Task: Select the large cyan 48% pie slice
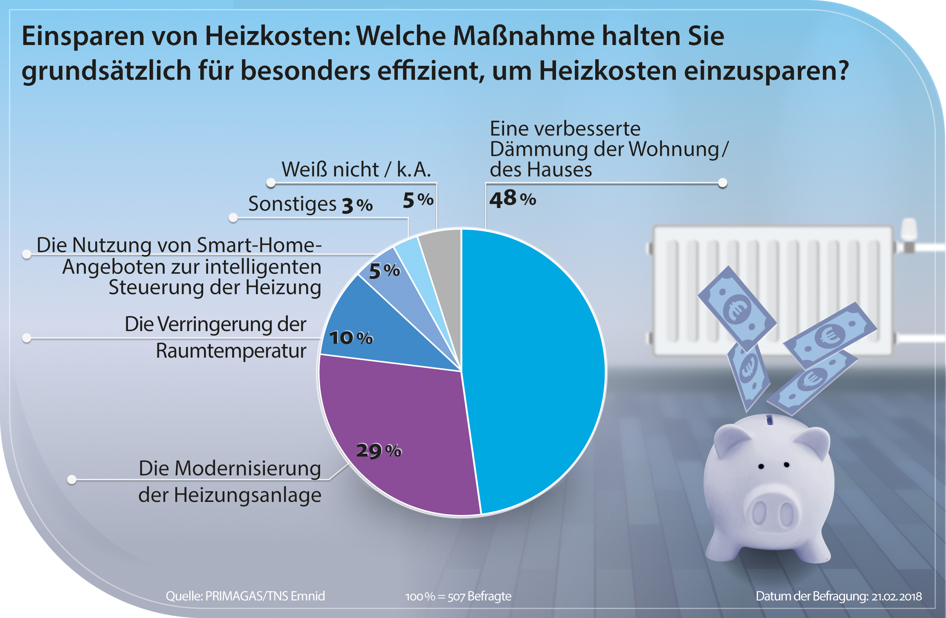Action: point(536,368)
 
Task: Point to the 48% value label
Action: point(513,199)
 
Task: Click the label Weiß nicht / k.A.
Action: point(356,169)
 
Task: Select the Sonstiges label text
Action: point(292,204)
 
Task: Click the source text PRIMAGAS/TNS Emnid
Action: point(265,596)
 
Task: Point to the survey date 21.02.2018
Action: point(897,596)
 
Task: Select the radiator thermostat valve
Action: point(909,235)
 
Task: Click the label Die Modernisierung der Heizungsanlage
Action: point(230,481)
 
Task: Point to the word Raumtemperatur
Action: point(231,351)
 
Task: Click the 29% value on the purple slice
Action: point(379,451)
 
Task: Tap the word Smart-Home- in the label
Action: point(259,245)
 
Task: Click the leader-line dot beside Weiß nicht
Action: point(271,183)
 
